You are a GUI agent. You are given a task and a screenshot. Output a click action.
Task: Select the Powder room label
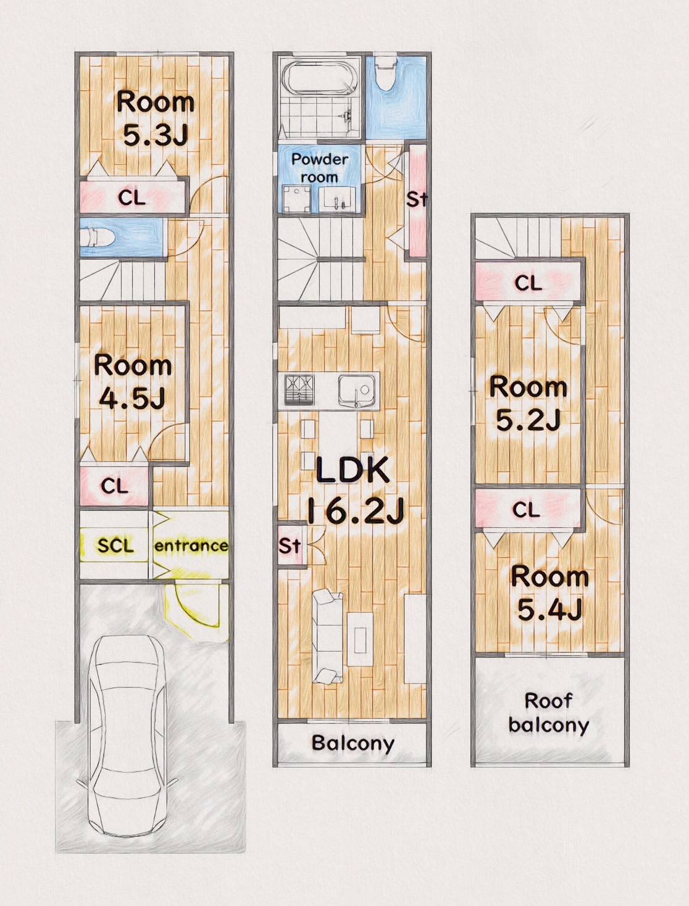coord(320,168)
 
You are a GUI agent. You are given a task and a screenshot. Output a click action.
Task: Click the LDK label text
coord(353,470)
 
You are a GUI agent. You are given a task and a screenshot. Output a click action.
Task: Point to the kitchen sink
coord(357,391)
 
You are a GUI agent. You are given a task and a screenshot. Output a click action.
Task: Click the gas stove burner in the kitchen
coord(299,389)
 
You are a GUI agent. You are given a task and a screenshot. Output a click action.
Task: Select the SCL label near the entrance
coord(115,546)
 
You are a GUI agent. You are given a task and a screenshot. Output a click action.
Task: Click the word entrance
coord(191,546)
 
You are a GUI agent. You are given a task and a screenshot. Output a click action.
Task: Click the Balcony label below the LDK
coord(353,743)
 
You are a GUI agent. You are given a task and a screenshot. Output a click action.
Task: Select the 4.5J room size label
coord(133,398)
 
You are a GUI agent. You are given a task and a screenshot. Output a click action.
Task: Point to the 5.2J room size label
coord(528,420)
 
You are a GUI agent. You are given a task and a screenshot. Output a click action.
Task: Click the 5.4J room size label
coord(550,610)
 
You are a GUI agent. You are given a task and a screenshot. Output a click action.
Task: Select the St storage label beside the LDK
coord(290,546)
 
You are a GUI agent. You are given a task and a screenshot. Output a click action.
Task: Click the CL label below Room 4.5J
coord(115,486)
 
